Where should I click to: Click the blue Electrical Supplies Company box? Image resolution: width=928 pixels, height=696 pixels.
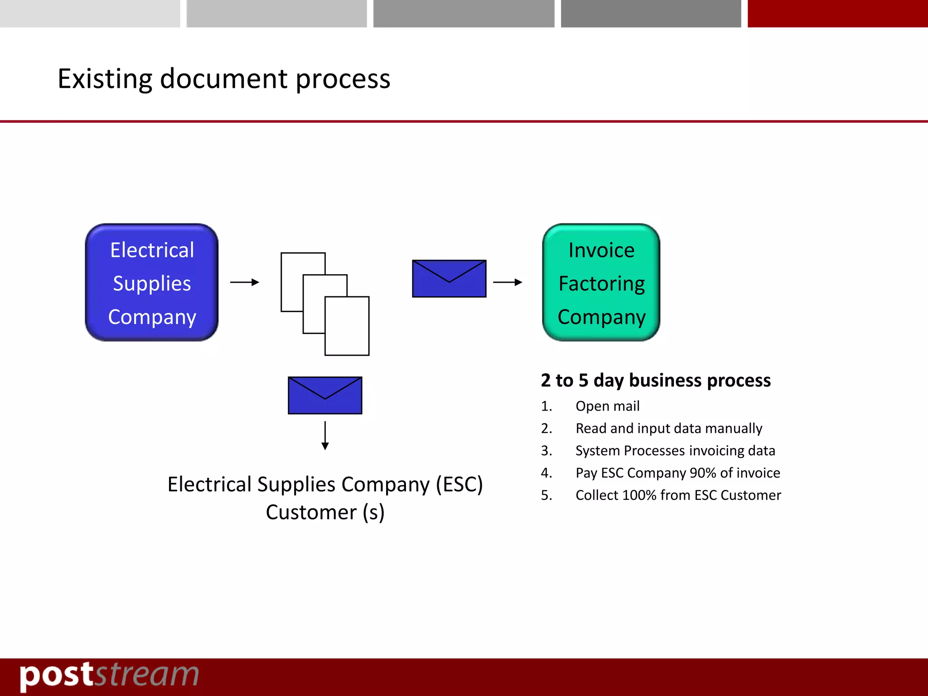(152, 282)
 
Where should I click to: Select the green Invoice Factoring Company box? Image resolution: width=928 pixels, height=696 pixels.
(601, 282)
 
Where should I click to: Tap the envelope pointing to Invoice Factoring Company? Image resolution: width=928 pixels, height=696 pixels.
(449, 279)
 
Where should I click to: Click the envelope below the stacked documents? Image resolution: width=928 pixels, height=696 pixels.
(325, 395)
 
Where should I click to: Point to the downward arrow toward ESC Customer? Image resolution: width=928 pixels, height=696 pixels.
(325, 435)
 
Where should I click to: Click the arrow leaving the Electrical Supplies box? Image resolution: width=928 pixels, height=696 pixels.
(245, 282)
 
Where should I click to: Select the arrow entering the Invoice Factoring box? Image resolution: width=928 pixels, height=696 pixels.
(507, 282)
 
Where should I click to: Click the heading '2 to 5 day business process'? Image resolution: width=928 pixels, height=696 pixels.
(656, 381)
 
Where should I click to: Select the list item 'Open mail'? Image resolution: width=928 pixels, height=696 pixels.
(607, 406)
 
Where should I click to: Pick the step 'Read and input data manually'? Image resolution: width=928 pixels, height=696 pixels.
(669, 428)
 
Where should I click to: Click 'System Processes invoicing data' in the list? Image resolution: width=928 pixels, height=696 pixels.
(675, 450)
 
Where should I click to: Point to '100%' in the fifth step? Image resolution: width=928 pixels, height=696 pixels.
(639, 495)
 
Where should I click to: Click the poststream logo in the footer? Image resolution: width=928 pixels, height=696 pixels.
(109, 676)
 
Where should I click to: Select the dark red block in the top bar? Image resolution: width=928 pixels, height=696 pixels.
(837, 14)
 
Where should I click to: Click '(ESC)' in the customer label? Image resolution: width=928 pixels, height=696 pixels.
(459, 484)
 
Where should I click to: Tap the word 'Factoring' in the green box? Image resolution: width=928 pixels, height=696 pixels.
(601, 284)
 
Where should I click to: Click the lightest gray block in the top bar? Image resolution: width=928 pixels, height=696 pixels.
(90, 14)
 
